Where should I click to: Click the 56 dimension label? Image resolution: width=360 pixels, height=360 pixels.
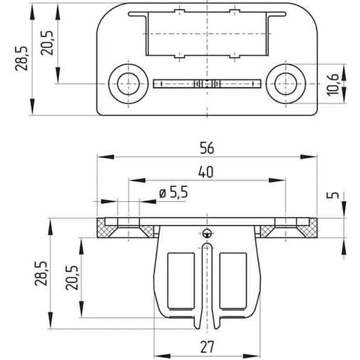pos(207,148)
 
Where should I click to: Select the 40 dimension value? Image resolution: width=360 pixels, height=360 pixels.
pos(206,172)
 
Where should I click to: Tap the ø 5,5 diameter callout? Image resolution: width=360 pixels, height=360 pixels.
pos(174,193)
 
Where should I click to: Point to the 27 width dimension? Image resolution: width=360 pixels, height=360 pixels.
pos(207,347)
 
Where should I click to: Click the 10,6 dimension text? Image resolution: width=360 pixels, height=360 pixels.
pos(333,84)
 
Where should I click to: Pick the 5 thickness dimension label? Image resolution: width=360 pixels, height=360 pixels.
pos(333,195)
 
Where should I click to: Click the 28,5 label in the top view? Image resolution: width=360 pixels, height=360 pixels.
pos(22,58)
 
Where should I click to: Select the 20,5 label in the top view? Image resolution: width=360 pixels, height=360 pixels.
pos(47,43)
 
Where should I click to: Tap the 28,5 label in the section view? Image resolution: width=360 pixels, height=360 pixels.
pos(41,273)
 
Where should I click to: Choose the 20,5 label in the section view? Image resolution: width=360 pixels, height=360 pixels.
pos(72,278)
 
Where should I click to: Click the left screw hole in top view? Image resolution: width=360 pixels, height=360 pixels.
pos(128,84)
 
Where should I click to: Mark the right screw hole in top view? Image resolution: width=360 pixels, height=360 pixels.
pos(285,84)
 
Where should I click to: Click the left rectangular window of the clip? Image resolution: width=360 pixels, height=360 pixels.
pos(181,281)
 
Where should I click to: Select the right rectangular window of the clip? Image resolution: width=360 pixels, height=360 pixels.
pos(233,281)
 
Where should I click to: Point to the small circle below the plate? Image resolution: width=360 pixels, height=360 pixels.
pos(207,233)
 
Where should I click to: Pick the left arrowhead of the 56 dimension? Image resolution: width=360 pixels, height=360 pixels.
pos(105,157)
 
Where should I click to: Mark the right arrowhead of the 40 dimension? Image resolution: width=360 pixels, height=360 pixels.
pos(277,180)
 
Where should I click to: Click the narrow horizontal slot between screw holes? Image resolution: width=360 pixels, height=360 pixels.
pos(207,84)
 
